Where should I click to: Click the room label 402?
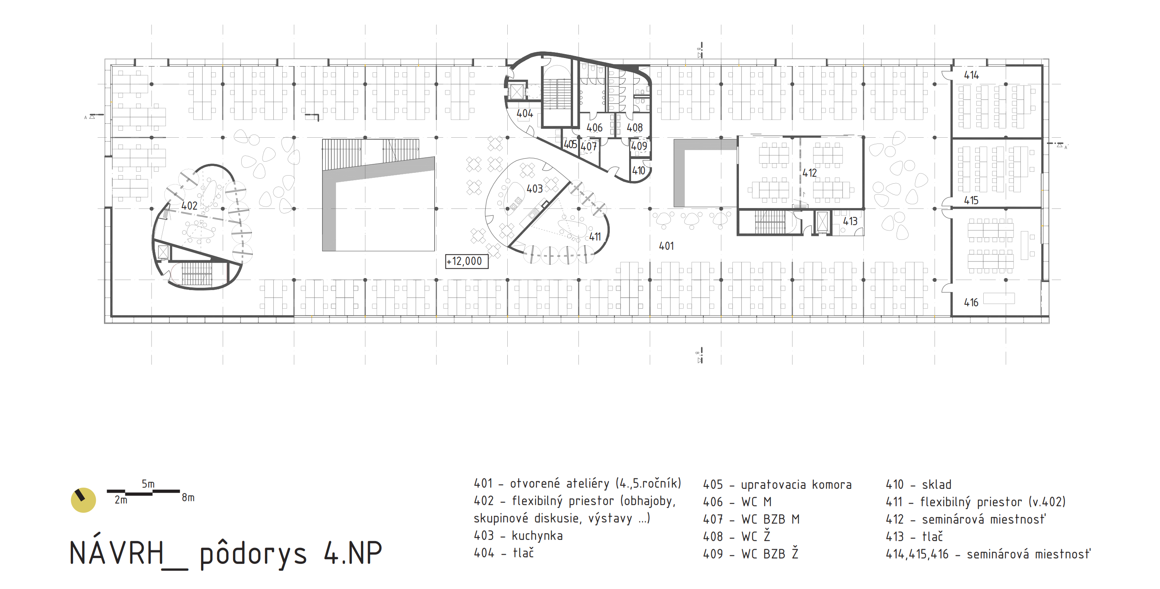189,206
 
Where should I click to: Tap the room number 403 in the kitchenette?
534,189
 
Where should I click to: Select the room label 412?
809,173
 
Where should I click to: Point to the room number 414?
971,75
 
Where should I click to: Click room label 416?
971,302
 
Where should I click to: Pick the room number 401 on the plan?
667,246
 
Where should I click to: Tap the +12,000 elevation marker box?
467,261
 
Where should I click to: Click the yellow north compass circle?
83,500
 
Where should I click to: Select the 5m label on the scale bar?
148,484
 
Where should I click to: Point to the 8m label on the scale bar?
188,498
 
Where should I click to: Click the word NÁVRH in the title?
117,553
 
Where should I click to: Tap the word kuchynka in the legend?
537,536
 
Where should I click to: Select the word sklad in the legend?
937,485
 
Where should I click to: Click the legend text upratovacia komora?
796,485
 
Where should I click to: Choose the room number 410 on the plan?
638,171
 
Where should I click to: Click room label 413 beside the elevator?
850,221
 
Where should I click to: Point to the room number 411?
595,236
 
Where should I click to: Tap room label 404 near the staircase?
525,113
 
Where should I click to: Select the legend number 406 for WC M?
713,502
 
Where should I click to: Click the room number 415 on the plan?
971,200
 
